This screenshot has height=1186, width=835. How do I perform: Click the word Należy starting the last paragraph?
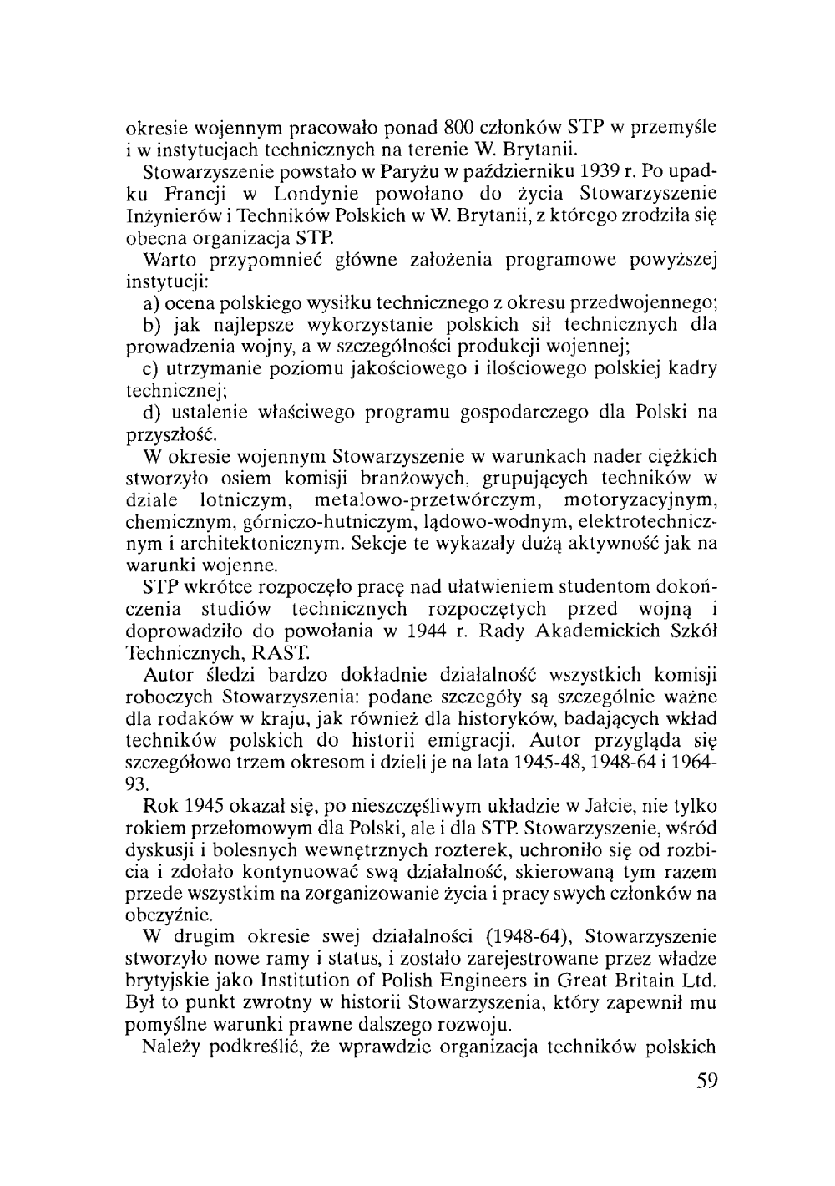tap(173, 1047)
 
